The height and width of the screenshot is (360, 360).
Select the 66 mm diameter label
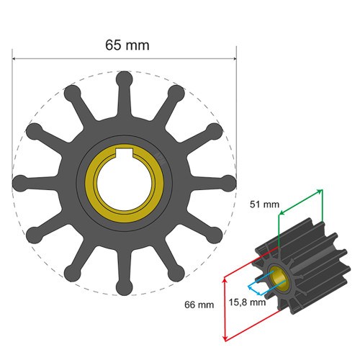click(199, 305)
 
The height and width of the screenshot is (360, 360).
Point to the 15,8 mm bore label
click(248, 302)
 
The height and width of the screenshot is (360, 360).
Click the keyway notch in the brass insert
click(124, 153)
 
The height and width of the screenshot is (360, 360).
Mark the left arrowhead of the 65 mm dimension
click(16, 59)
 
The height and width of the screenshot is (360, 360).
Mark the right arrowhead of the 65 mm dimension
click(233, 59)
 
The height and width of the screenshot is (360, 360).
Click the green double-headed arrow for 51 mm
click(299, 202)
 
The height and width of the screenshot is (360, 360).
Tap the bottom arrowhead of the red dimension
click(225, 338)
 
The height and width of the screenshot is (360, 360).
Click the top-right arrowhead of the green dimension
click(318, 191)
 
